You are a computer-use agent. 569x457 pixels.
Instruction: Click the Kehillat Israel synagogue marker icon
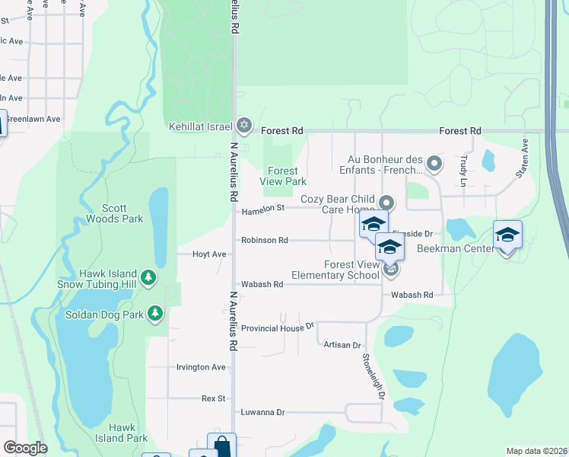pos(243,124)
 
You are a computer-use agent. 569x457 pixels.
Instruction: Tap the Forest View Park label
pos(283,176)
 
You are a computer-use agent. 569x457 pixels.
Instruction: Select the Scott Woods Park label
pos(122,213)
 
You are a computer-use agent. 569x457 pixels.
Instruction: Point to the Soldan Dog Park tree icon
pos(155,313)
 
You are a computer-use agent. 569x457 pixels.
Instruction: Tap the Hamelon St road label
pos(262,208)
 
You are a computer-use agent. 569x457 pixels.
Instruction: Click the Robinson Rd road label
pos(264,240)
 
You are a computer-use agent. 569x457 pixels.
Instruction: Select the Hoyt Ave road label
pos(209,254)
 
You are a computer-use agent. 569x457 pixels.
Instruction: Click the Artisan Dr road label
pos(342,345)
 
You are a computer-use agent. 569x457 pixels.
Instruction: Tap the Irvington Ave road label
pos(201,367)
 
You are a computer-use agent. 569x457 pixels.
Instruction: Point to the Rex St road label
pos(213,398)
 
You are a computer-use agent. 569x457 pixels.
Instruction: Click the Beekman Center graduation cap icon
pos(507,235)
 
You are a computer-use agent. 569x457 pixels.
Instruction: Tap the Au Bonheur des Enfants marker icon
pos(434,163)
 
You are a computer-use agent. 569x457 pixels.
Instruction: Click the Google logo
pos(26,448)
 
